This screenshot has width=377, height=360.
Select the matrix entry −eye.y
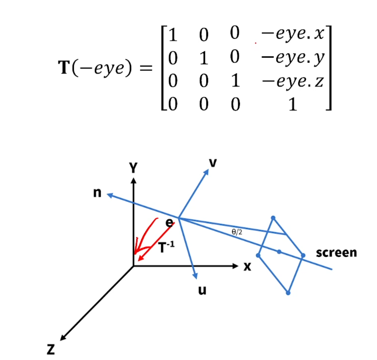coord(292,59)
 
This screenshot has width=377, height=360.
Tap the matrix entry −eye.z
coord(292,82)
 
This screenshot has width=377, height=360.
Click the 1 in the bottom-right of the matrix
coord(293,105)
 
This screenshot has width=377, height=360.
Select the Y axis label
coord(133,168)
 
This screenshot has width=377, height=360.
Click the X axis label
coord(247,267)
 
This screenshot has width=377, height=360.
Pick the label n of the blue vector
coord(98,194)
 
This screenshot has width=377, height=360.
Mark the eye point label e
coord(170,223)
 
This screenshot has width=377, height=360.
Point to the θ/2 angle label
coord(237,232)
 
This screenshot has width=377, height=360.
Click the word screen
coord(336,253)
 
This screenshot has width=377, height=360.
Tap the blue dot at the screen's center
coord(279,252)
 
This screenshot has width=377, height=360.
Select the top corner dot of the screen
coord(273,218)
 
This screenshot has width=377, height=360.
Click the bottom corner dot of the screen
coord(288,293)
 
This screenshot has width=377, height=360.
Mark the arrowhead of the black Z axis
coord(63,337)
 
